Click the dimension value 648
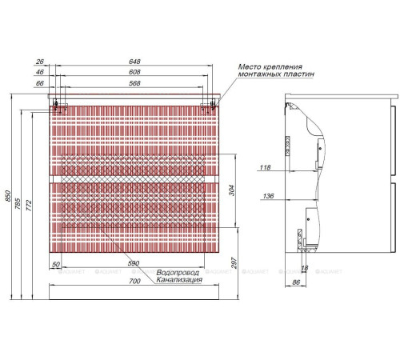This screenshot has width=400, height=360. (x=134, y=61)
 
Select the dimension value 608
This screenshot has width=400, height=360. (x=134, y=71)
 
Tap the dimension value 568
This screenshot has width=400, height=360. (x=134, y=82)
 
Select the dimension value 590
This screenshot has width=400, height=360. (x=134, y=264)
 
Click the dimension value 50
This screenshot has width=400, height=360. (x=57, y=264)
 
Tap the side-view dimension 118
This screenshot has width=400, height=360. (x=266, y=168)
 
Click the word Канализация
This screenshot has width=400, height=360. (x=179, y=281)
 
